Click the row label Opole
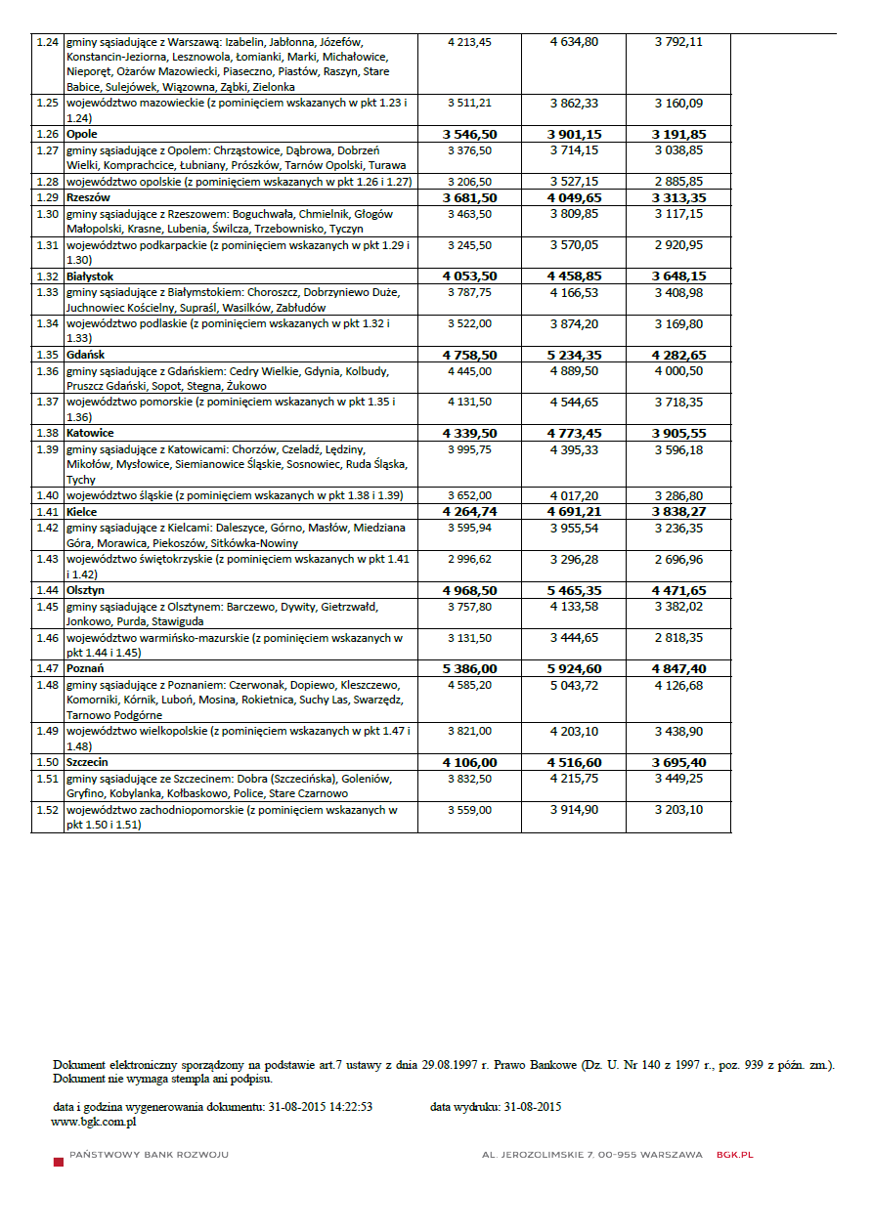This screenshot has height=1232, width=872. [x=82, y=134]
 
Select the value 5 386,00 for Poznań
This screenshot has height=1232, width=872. [x=469, y=669]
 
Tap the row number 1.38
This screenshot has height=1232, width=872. [x=47, y=433]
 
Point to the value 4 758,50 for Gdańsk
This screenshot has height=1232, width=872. [x=469, y=355]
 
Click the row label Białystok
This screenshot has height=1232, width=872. [x=90, y=276]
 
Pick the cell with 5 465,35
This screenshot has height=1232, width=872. [x=574, y=591]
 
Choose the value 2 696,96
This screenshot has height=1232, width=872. [x=678, y=560]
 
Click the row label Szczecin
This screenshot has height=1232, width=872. [x=87, y=763]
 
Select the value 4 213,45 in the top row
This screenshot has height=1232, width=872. [x=469, y=42]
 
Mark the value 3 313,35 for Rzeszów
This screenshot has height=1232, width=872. [x=678, y=197]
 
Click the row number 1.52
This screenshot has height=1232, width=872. [x=47, y=810]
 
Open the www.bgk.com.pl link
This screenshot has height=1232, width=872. [x=93, y=1123]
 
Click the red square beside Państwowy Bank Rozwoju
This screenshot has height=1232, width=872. [x=59, y=1158]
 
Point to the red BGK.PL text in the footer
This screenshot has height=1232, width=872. [x=734, y=1155]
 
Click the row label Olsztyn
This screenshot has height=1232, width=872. [x=86, y=591]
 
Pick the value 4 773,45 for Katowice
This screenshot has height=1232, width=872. [x=574, y=433]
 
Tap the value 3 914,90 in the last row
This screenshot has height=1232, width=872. [x=574, y=810]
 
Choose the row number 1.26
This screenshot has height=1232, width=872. [x=47, y=134]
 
